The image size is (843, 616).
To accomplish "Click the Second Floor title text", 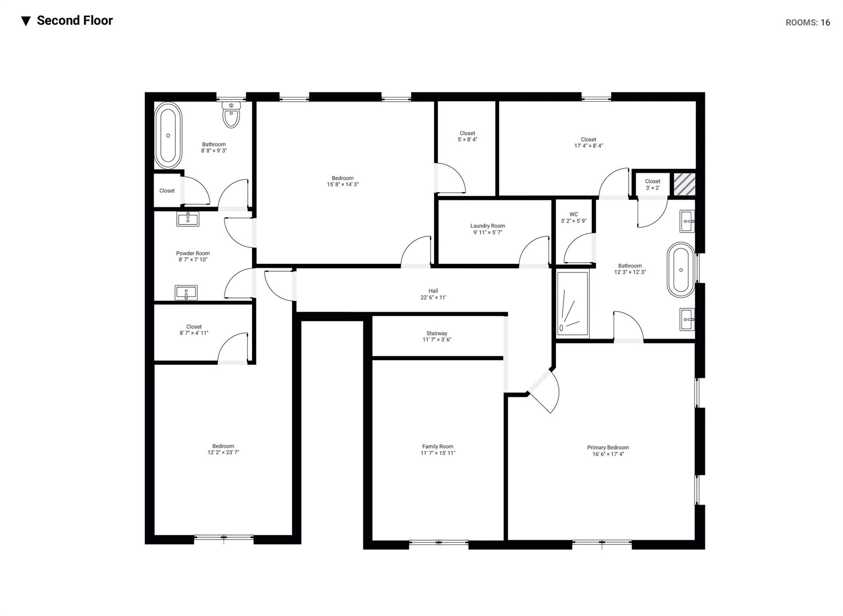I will pyautogui.click(x=75, y=21).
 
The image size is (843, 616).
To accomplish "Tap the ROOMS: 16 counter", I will pyautogui.click(x=807, y=23).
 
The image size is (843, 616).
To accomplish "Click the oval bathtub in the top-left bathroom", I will pyautogui.click(x=168, y=135).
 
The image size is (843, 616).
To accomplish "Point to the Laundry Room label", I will pyautogui.click(x=487, y=226).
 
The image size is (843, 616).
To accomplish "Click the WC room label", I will pyautogui.click(x=573, y=215).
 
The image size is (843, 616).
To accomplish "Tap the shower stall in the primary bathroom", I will pyautogui.click(x=572, y=303).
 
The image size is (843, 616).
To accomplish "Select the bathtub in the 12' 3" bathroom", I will pyautogui.click(x=681, y=270).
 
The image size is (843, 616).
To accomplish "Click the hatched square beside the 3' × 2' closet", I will pyautogui.click(x=684, y=184).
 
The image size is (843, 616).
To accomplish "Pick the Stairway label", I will pyautogui.click(x=437, y=334).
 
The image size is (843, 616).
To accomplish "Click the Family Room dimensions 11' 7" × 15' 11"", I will pyautogui.click(x=437, y=453).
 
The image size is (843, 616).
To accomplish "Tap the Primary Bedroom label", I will pyautogui.click(x=608, y=448).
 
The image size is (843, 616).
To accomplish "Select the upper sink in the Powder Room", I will pyautogui.click(x=188, y=219).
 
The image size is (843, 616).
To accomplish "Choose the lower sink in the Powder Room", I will pyautogui.click(x=186, y=293).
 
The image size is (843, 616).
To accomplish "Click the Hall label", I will pyautogui.click(x=433, y=291).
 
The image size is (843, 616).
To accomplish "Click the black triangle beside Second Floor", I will pyautogui.click(x=26, y=21).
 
